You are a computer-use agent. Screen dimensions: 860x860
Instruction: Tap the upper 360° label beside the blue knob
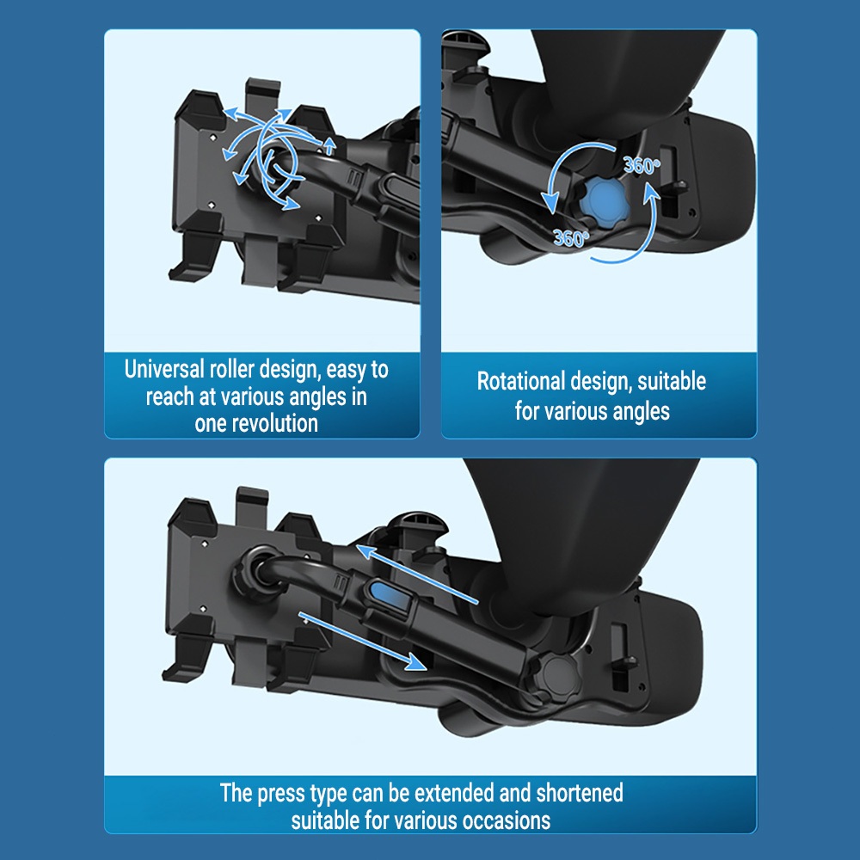click(x=642, y=165)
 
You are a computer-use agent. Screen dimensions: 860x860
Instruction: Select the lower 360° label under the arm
click(x=571, y=238)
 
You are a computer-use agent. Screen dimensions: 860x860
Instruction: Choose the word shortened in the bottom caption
click(x=580, y=793)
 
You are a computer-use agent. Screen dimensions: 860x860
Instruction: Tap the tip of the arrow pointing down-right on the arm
click(x=426, y=669)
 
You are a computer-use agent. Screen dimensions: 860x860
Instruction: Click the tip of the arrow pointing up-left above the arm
click(x=357, y=546)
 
